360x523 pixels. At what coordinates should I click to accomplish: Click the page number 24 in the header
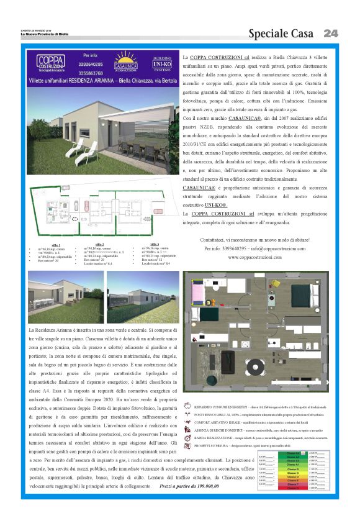pos(330,33)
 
